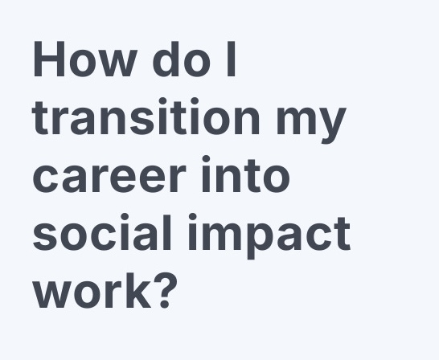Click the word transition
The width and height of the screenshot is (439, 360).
[x=147, y=118]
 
